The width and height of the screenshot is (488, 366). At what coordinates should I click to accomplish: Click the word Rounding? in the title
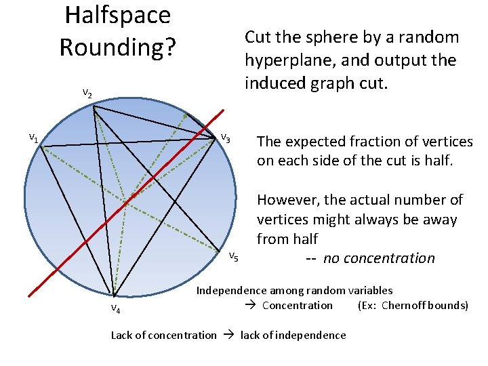point(117,47)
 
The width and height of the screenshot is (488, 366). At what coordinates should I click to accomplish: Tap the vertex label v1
point(33,138)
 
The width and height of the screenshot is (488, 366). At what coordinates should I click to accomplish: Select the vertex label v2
point(87,93)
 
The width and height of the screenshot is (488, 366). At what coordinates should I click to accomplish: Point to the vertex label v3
point(226,138)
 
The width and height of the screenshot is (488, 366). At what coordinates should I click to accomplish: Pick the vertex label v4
point(115,310)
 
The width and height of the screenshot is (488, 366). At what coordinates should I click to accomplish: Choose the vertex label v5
point(232,256)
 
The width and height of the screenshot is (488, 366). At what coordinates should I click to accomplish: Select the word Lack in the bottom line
point(121,335)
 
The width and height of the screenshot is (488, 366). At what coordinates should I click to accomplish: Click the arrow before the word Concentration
point(249,305)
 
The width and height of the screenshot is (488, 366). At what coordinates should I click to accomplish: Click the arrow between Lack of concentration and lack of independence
point(228,335)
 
